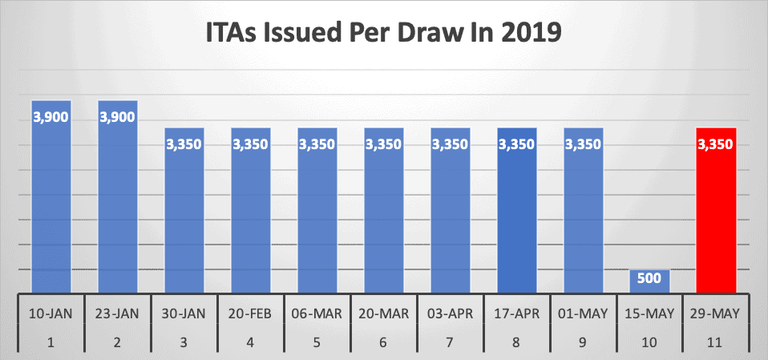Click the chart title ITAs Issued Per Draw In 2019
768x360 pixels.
[384, 36]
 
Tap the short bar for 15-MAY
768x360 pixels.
[650, 281]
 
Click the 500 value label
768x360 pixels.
[650, 278]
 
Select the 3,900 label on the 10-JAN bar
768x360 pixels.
[51, 116]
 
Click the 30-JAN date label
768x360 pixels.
[184, 312]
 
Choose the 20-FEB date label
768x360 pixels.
[251, 312]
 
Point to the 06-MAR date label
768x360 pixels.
[317, 312]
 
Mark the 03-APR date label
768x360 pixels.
[451, 312]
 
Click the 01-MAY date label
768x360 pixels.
[584, 312]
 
